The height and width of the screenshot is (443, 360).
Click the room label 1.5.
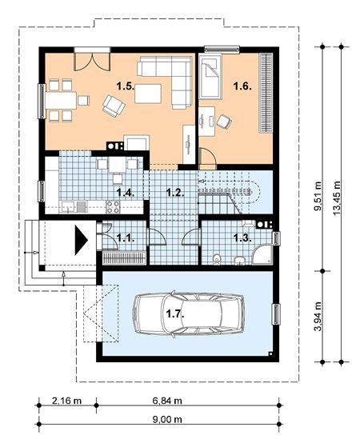126,86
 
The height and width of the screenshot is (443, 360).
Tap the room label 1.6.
242,86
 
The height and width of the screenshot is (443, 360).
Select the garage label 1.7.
175,313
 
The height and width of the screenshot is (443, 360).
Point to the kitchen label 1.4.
126,193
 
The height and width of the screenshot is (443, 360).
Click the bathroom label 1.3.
242,238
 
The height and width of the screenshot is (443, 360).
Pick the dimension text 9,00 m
167,420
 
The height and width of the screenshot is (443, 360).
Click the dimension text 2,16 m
66,401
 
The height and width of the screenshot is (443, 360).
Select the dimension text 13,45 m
337,198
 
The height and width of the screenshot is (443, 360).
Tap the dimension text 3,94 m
318,317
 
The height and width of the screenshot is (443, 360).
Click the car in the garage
189,314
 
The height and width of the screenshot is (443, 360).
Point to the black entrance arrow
81,241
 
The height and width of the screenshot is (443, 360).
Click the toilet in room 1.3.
217,259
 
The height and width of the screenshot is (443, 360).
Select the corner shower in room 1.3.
262,255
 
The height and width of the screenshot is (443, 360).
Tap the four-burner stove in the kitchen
113,207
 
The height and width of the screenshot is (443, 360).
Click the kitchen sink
67,207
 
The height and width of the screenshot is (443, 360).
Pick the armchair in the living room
114,106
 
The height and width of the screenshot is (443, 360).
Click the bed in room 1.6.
210,76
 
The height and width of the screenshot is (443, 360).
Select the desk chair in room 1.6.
224,122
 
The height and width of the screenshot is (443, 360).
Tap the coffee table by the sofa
148,94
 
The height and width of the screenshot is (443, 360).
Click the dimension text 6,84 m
167,401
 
